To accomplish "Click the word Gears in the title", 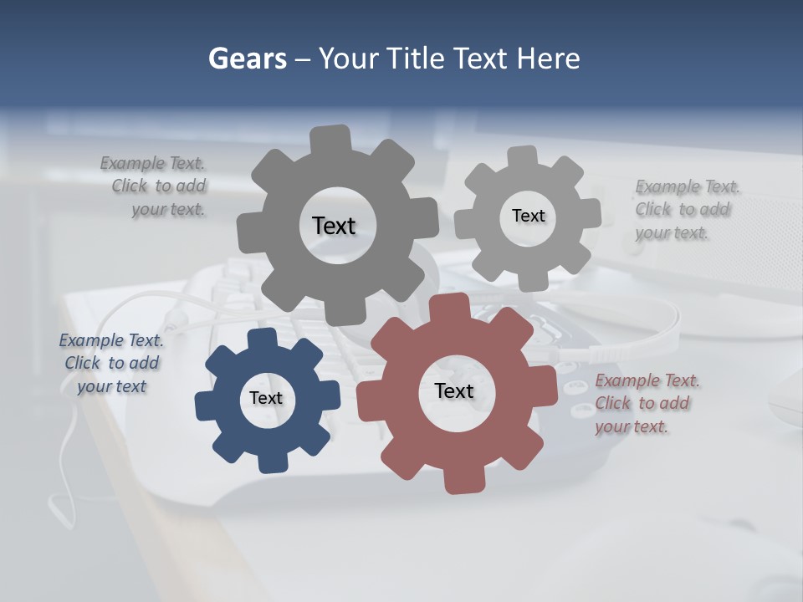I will (x=248, y=59).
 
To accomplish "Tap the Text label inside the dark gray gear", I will (x=334, y=226).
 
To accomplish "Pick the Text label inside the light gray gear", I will (x=528, y=216).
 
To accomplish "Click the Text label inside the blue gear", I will (x=266, y=398).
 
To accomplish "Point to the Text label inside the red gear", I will (x=454, y=390).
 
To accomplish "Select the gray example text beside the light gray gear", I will (x=686, y=210).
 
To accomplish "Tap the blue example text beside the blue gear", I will (x=111, y=363).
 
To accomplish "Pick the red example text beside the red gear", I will (x=646, y=403).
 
